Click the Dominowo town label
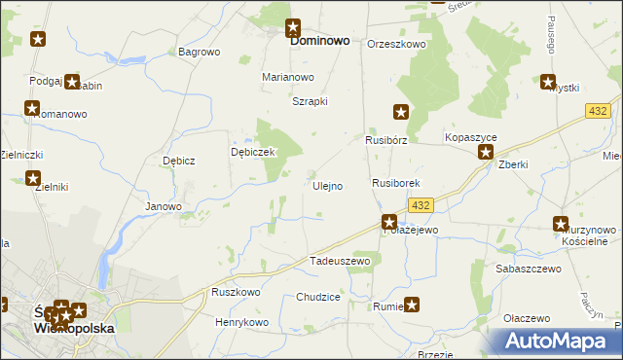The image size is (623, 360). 321,43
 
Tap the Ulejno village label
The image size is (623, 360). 327,186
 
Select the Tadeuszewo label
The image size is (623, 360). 340,261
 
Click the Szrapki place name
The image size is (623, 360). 311,101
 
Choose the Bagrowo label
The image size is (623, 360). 200,52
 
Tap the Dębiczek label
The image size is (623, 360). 254,152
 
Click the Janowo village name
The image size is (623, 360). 164,206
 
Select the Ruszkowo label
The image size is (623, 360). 236,292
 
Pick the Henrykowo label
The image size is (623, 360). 241,322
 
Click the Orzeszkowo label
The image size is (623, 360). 397,44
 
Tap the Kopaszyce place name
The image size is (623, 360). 471,139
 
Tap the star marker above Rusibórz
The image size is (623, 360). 400,112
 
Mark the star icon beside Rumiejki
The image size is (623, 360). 412,305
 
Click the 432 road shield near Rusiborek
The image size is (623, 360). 421,204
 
